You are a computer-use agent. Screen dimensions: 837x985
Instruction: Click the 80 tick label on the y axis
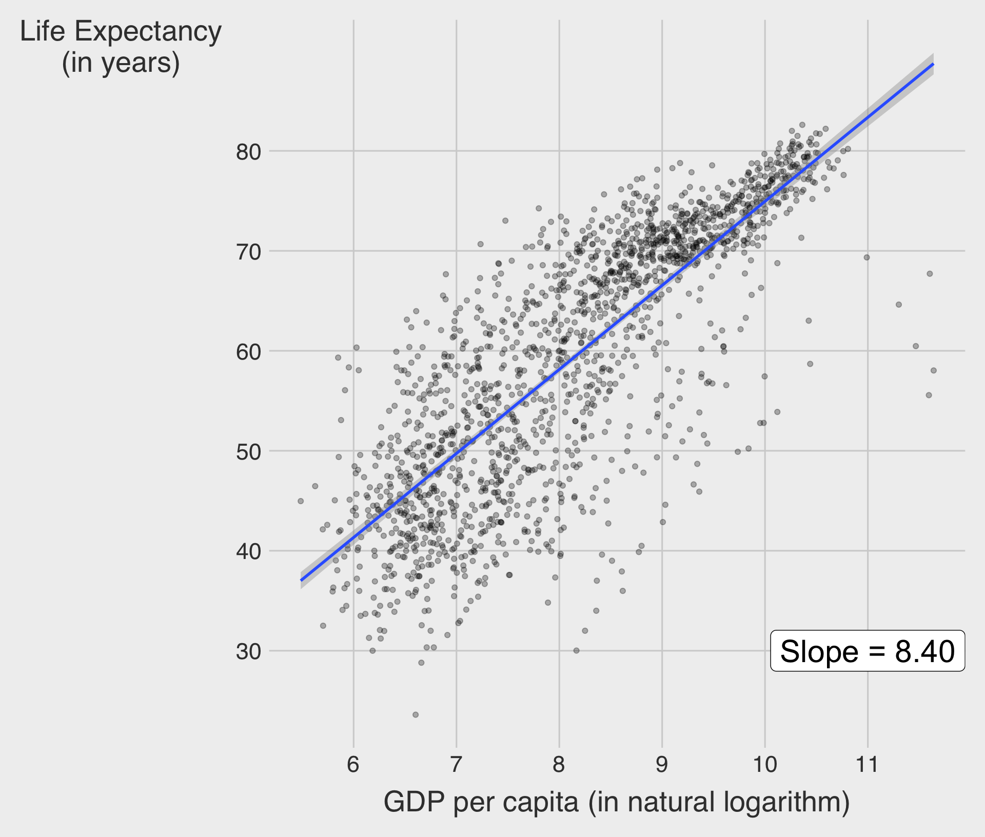click(248, 152)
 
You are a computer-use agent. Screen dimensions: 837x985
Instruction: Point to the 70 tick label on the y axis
click(248, 252)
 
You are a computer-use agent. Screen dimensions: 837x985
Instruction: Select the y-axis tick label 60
click(248, 352)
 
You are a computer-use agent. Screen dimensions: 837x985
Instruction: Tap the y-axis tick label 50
click(248, 452)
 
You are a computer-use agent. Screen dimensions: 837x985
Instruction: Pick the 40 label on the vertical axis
click(248, 552)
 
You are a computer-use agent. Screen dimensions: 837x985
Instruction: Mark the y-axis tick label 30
click(248, 652)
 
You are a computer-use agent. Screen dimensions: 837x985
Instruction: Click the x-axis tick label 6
click(353, 765)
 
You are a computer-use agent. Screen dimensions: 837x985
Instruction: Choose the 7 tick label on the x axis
click(456, 765)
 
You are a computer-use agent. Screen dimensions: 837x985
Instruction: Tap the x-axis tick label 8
click(559, 765)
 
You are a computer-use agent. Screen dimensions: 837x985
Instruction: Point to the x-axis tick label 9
click(662, 765)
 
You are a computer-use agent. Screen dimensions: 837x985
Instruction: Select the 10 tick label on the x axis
click(765, 765)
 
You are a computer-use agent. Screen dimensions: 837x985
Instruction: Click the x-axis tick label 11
click(868, 765)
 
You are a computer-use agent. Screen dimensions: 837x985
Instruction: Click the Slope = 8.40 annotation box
click(867, 651)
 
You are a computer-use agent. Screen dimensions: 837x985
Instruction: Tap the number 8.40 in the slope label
click(924, 651)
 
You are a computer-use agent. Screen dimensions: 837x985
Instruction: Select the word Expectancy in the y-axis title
click(148, 32)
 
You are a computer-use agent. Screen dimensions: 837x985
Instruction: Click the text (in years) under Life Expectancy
click(121, 64)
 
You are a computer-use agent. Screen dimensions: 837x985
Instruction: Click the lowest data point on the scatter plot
click(416, 715)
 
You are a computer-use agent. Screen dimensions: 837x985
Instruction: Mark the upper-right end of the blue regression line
click(933, 65)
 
